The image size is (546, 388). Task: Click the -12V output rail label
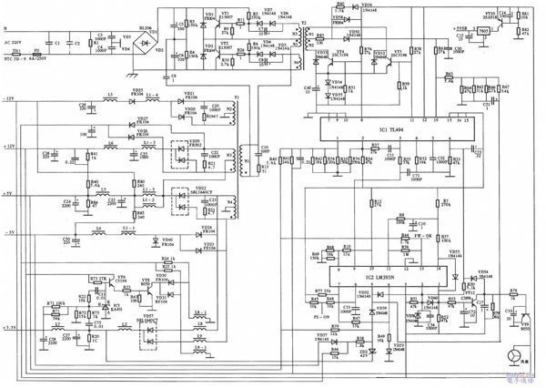pyautogui.click(x=10, y=97)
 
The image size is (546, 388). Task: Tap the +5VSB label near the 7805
pyautogui.click(x=460, y=28)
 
